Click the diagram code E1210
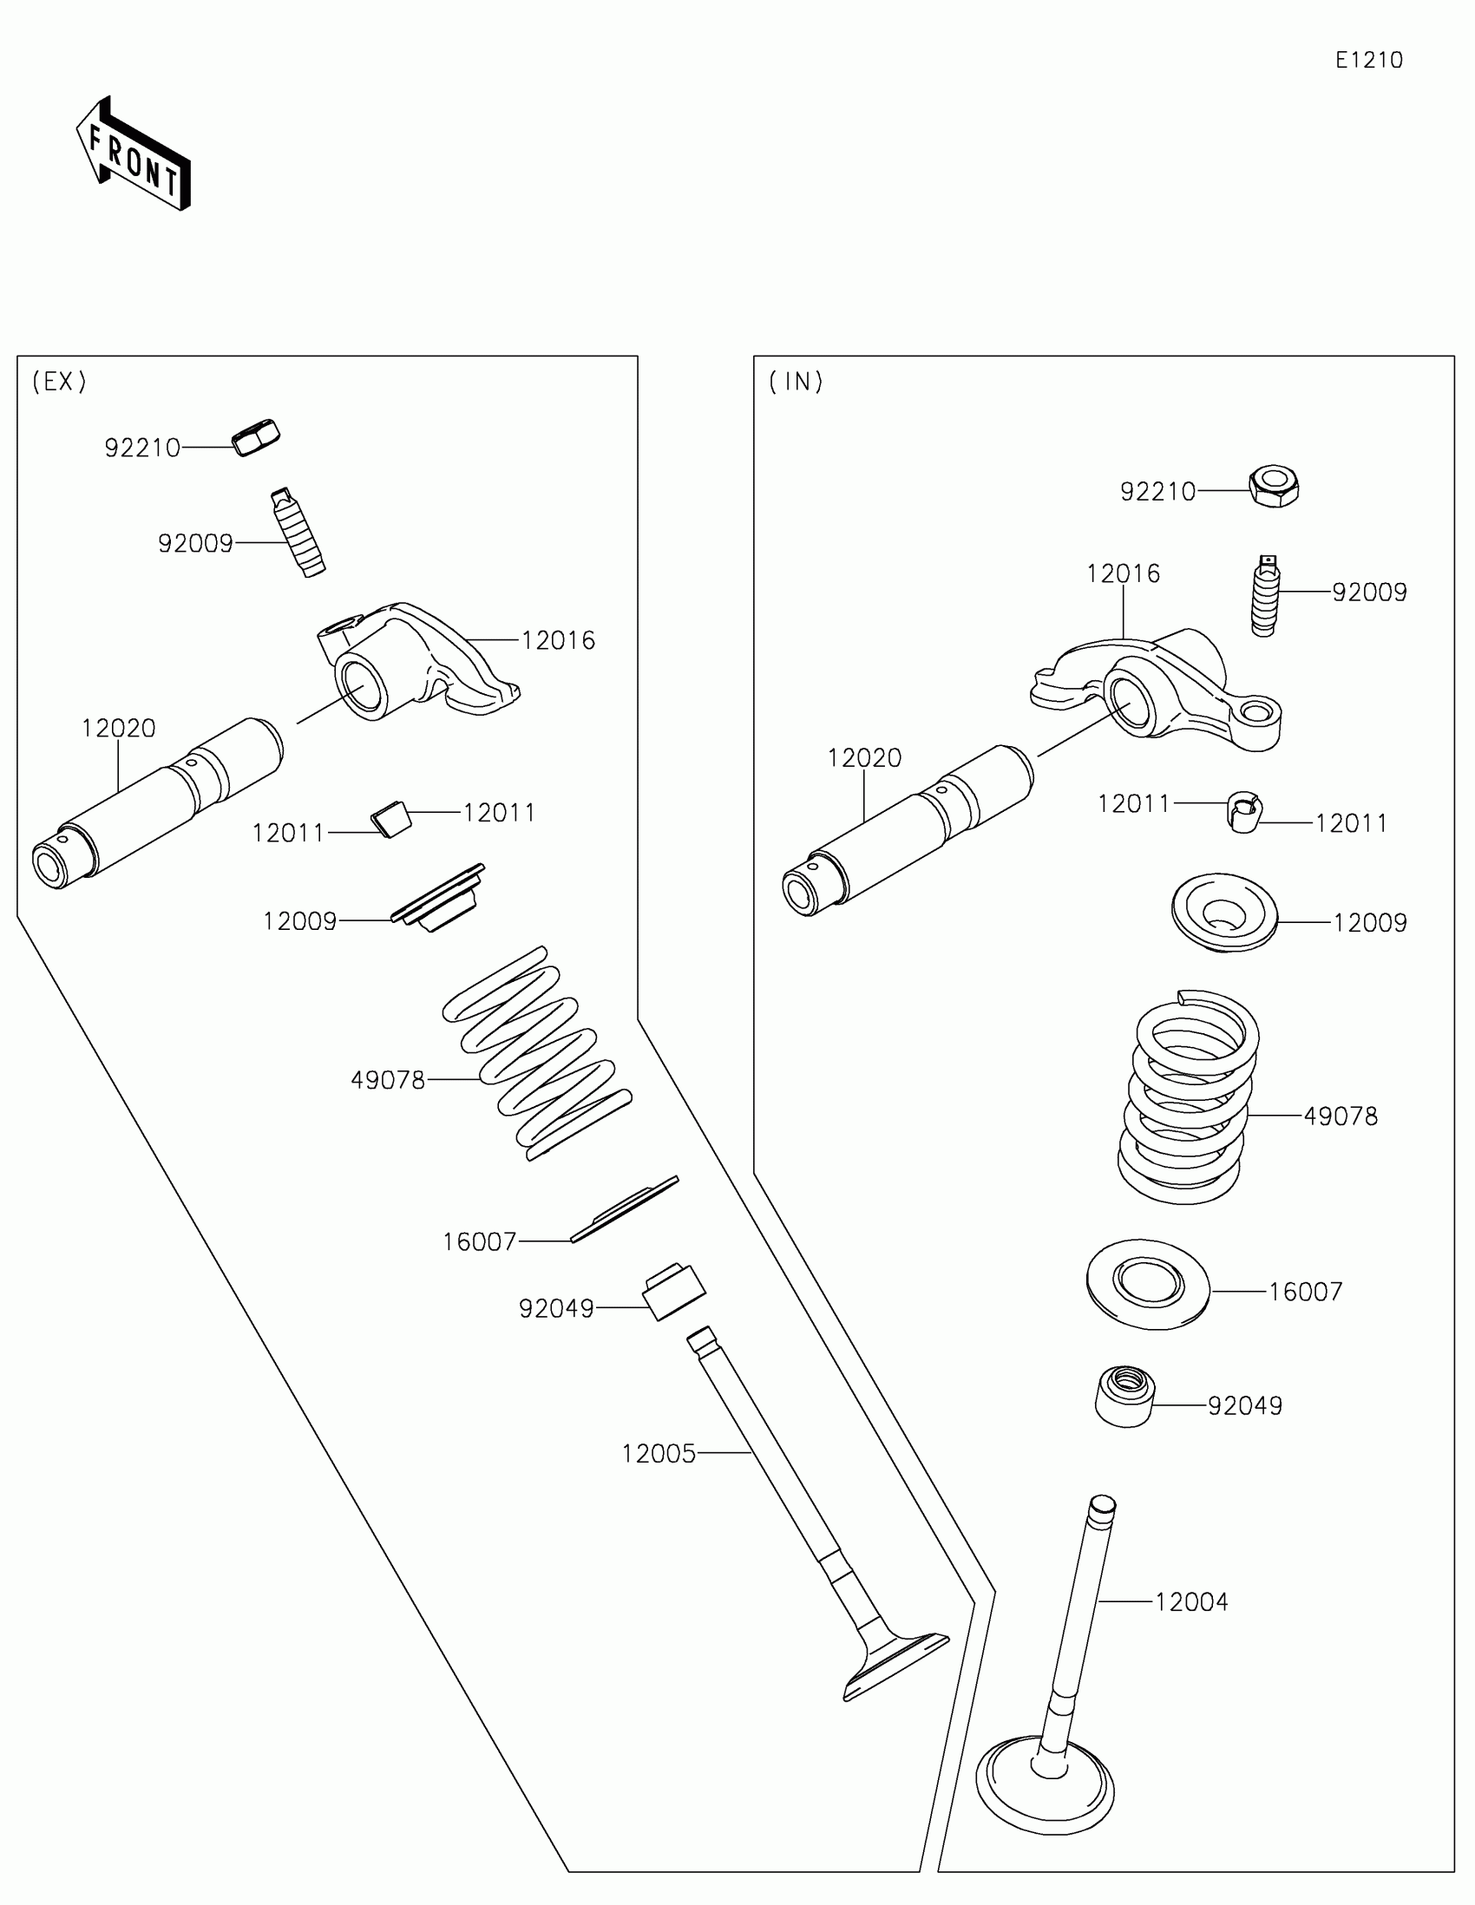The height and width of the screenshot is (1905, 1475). (x=1368, y=60)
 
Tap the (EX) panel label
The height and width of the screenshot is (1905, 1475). (x=59, y=381)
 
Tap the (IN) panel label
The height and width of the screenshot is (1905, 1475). (x=796, y=381)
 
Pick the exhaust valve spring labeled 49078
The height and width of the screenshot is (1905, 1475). (x=536, y=1052)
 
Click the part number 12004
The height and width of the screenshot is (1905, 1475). (x=1191, y=1602)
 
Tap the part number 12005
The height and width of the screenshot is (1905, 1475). (x=659, y=1454)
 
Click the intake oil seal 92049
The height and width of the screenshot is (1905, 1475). (x=1124, y=1397)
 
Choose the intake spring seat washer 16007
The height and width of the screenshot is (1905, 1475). (x=1148, y=1283)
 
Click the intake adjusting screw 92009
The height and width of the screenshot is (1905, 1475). (x=1264, y=596)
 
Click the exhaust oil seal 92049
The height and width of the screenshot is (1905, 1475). (x=673, y=1291)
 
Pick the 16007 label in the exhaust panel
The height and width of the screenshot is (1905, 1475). (x=479, y=1242)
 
